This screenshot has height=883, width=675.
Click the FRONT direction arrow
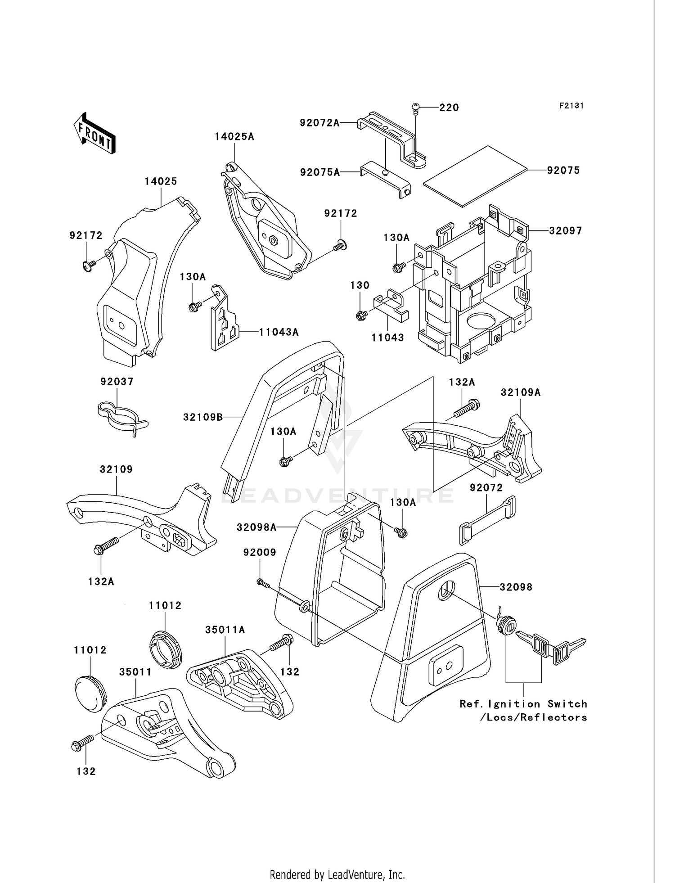pyautogui.click(x=95, y=134)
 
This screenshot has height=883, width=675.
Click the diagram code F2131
pyautogui.click(x=571, y=106)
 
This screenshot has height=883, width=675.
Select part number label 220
pyautogui.click(x=449, y=108)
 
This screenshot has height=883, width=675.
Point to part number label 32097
pyautogui.click(x=565, y=231)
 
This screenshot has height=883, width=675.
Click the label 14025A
pyautogui.click(x=234, y=137)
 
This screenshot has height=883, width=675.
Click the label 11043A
pyautogui.click(x=279, y=332)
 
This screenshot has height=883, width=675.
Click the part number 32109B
pyautogui.click(x=203, y=417)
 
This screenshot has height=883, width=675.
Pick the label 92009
pyautogui.click(x=260, y=552)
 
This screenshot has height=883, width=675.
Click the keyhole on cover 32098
pyautogui.click(x=446, y=590)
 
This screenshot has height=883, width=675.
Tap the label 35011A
pyautogui.click(x=225, y=630)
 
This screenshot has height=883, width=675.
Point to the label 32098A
pyautogui.click(x=256, y=527)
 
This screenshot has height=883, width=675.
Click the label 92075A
pyautogui.click(x=320, y=172)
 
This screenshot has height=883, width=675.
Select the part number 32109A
pyautogui.click(x=521, y=392)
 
